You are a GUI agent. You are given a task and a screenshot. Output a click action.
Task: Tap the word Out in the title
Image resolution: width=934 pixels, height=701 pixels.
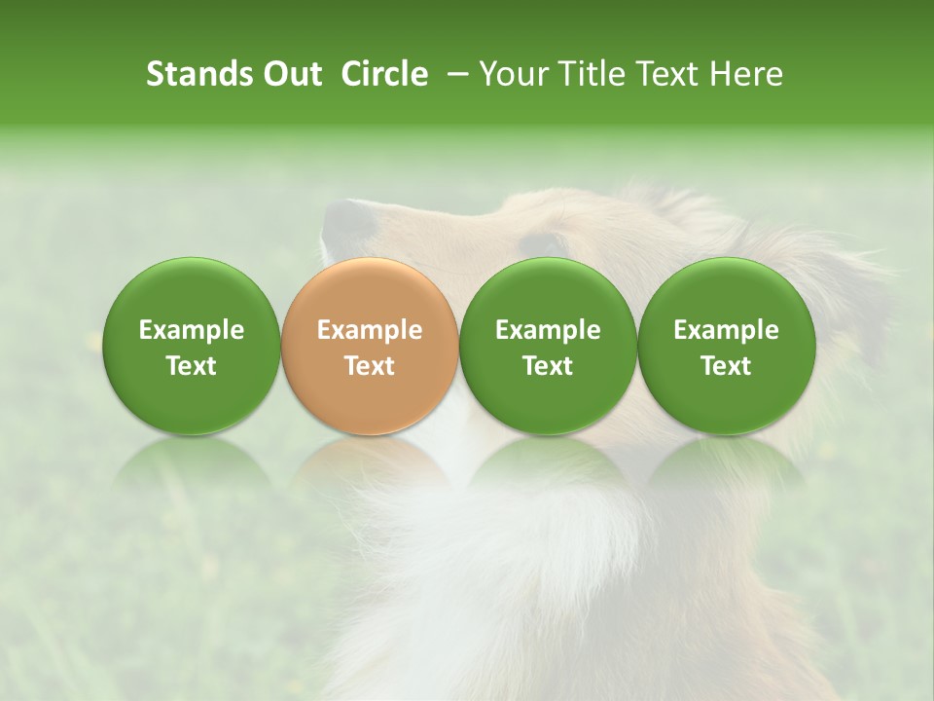click(290, 74)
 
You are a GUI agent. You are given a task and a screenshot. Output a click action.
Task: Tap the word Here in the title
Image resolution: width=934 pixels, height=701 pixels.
click(747, 74)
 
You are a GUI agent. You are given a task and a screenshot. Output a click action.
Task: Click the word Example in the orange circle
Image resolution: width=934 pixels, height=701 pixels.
click(370, 330)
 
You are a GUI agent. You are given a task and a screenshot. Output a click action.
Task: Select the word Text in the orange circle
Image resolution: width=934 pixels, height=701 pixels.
click(370, 366)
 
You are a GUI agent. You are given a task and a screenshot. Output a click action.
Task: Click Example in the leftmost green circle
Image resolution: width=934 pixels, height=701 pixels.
click(192, 330)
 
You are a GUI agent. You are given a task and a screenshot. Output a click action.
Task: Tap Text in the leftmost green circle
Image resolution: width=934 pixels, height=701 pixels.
click(192, 366)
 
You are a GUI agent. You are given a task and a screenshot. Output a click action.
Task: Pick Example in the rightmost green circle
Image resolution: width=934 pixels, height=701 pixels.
click(726, 330)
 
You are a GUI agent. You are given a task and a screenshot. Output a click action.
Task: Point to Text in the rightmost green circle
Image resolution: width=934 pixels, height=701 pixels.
click(726, 366)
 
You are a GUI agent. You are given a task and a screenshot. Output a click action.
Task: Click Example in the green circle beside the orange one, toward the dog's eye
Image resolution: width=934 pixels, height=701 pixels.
click(548, 330)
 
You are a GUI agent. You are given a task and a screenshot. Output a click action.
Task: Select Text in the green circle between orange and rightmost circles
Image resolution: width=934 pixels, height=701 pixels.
click(548, 366)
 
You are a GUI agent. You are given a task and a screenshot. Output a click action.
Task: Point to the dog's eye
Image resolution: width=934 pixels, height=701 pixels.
click(541, 244)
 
